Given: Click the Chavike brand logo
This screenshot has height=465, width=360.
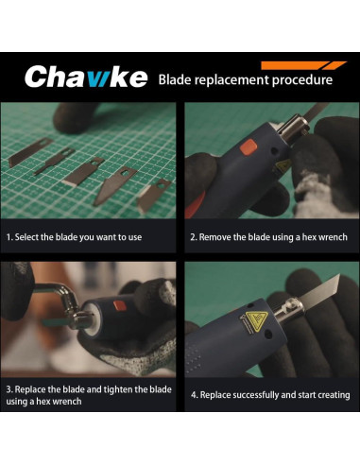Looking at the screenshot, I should click(85, 77).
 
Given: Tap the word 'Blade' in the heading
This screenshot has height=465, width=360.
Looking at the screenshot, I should click(176, 79).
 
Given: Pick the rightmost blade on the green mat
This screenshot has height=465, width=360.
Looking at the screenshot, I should click(153, 195).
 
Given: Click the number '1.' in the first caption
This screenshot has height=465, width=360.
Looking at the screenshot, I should click(9, 237).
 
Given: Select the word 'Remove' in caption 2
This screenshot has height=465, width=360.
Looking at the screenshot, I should click(217, 237).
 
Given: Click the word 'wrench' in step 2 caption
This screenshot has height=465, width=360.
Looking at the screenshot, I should click(332, 237).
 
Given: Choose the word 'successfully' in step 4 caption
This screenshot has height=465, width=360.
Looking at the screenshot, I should click(259, 395).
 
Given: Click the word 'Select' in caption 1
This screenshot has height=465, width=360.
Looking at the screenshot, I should click(29, 237).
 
